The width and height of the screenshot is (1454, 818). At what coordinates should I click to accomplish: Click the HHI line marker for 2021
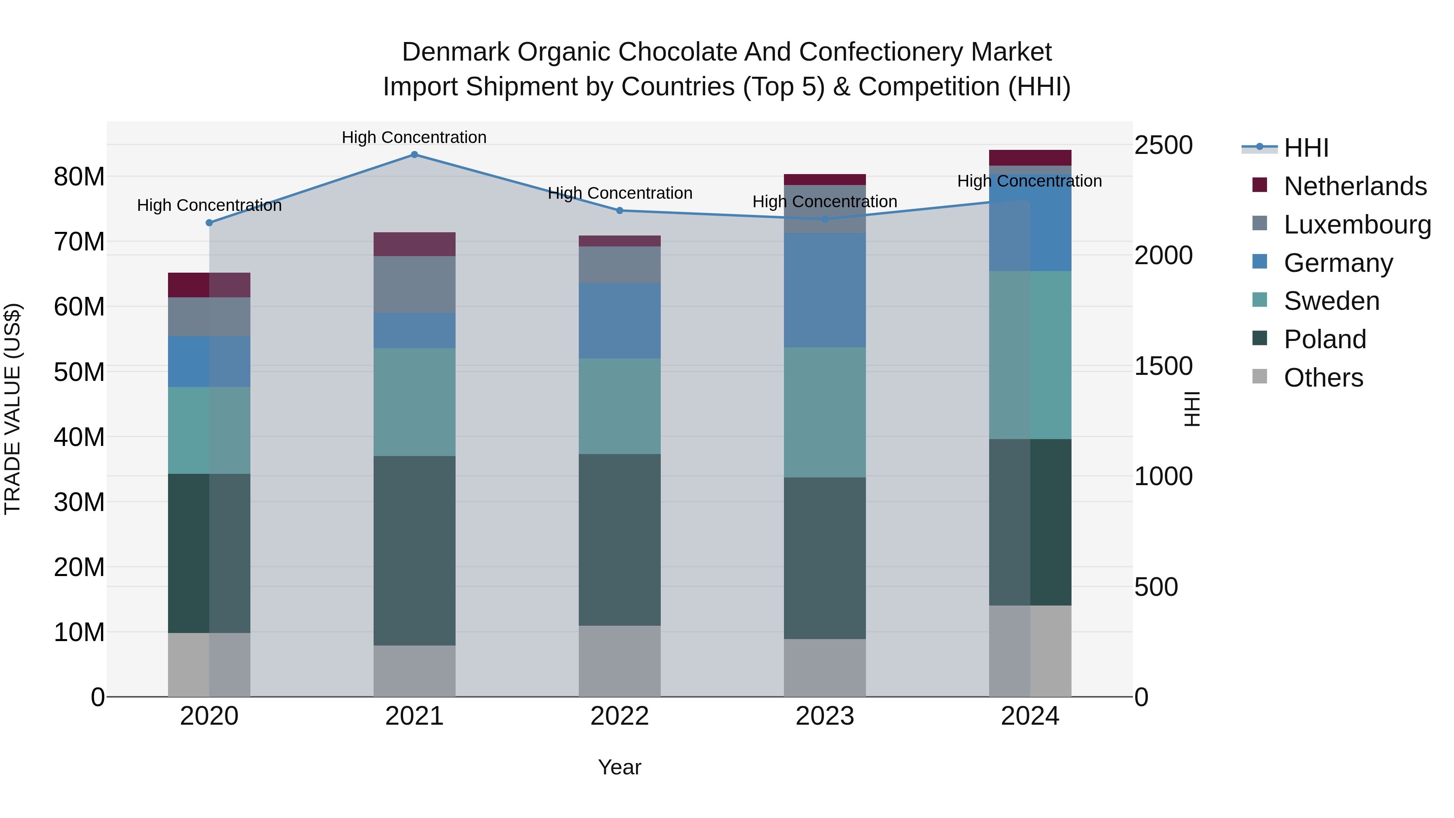point(414,155)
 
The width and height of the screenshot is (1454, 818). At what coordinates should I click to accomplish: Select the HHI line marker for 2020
point(209,223)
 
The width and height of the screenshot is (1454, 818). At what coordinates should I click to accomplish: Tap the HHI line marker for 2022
point(619,210)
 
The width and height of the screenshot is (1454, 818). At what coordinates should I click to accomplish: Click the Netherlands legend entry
point(1354,186)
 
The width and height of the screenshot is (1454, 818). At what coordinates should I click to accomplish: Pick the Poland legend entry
point(1324,339)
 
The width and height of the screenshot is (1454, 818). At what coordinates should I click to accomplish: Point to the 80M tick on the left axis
point(79,177)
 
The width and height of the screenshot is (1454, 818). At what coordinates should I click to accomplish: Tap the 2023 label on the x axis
point(825,716)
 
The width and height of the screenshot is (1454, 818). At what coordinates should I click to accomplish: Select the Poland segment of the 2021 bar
point(414,551)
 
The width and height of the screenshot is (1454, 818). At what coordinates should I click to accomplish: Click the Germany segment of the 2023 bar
point(825,290)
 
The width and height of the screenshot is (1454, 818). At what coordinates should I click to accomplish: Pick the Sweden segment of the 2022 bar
point(619,406)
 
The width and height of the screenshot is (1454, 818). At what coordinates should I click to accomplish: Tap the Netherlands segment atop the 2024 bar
point(1030,158)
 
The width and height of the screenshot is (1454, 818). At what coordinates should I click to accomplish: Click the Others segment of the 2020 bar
point(209,664)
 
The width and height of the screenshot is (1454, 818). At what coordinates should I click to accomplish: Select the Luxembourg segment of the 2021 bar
point(414,284)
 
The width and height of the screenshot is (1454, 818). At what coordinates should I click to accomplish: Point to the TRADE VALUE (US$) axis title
point(13,409)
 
